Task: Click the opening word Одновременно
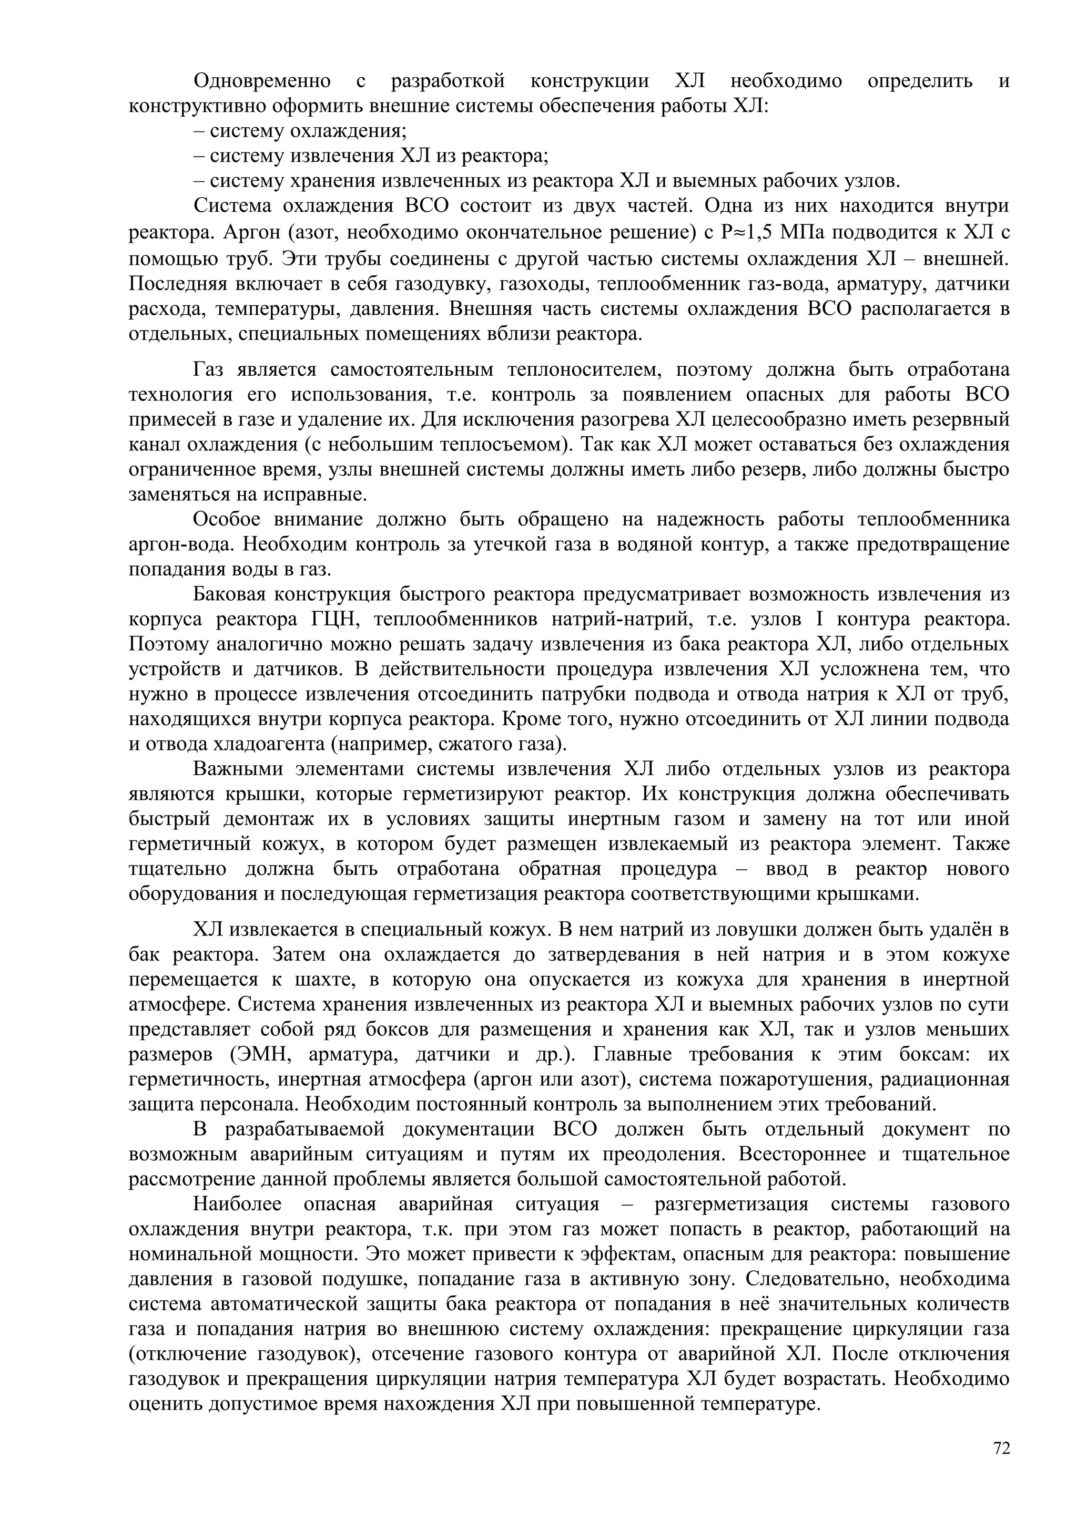[262, 81]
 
